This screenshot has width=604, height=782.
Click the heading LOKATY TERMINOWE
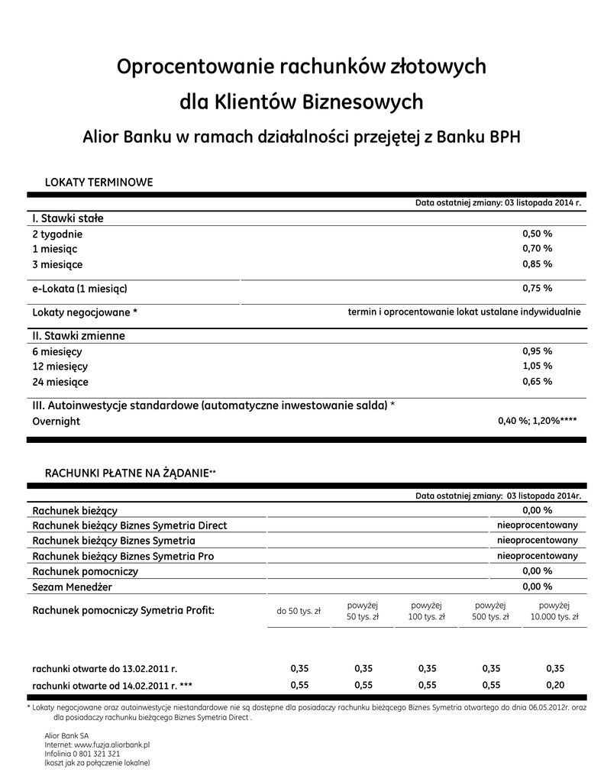click(x=99, y=183)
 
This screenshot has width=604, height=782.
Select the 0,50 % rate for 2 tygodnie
click(x=537, y=234)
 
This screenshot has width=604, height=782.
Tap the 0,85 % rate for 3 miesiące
click(x=537, y=264)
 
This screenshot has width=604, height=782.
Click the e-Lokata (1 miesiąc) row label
click(x=79, y=289)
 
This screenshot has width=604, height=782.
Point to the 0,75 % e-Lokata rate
click(x=537, y=289)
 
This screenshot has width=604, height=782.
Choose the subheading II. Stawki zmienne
click(x=79, y=335)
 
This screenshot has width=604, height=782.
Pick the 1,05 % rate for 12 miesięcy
click(x=537, y=367)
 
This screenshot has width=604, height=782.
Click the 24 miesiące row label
click(x=60, y=382)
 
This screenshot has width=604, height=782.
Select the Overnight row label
click(x=56, y=422)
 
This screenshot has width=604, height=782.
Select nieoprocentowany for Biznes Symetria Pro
click(x=538, y=556)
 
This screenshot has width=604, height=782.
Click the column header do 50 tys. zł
click(x=299, y=611)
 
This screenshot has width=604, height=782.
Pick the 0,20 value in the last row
click(x=555, y=684)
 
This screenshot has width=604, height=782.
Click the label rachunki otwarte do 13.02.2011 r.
click(x=105, y=668)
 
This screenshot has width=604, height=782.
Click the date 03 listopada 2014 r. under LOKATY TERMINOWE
click(x=543, y=204)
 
